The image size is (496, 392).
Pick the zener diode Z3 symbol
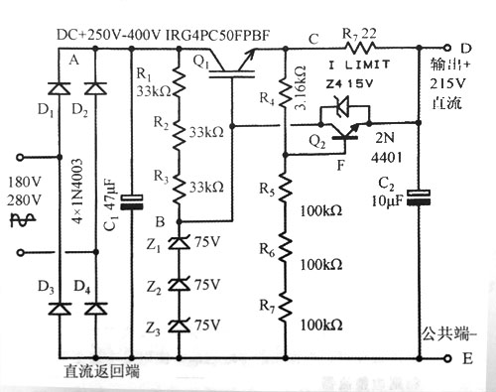click(179, 326)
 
